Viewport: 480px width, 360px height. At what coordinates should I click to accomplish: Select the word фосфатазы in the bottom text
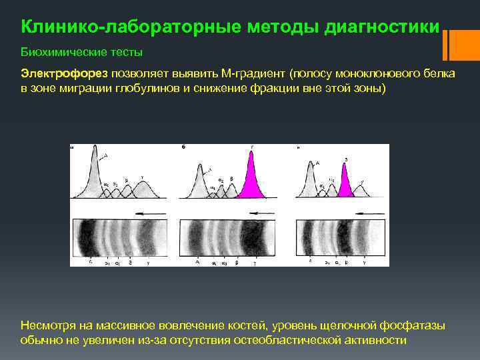click(x=413, y=325)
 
